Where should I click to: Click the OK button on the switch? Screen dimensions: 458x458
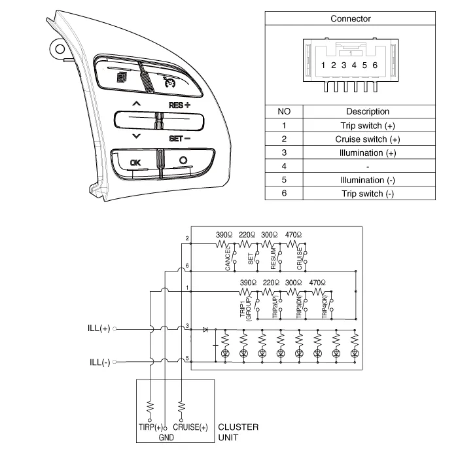[135, 162]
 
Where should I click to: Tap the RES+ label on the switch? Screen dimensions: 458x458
[179, 105]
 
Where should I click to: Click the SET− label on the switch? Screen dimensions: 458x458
[179, 138]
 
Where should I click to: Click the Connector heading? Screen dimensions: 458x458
[350, 19]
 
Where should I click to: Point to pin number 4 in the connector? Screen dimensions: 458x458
[354, 65]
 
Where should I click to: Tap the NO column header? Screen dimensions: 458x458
[284, 112]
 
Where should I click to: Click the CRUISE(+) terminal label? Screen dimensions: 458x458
[190, 427]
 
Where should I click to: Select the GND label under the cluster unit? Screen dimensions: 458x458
[167, 436]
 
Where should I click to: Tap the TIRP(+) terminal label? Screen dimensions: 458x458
[150, 427]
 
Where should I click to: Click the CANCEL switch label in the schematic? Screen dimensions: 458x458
[227, 260]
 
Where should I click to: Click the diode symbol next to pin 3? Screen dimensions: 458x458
[205, 329]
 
